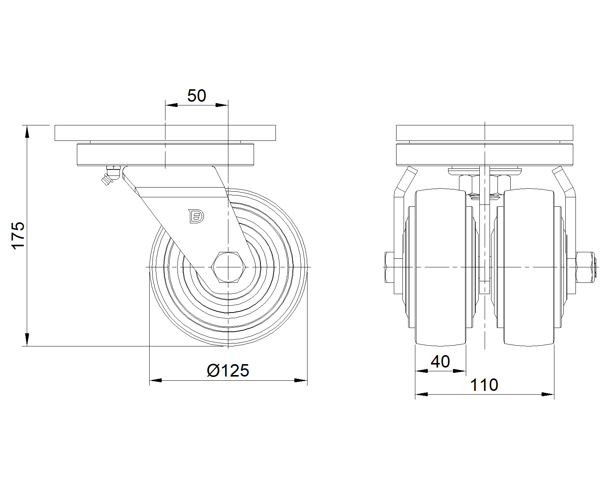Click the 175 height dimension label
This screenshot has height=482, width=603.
point(18,235)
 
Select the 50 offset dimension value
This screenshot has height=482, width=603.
point(197,96)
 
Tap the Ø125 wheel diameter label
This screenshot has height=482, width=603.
point(228,371)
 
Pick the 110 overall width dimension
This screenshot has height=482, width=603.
point(484,385)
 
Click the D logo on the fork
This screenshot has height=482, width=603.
point(196,216)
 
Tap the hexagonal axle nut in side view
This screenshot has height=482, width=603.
point(228,267)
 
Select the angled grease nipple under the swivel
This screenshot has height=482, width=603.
point(110,175)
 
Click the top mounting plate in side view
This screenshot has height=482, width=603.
point(165,133)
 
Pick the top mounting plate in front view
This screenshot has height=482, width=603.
point(485,133)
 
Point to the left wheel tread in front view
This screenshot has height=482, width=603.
point(440,267)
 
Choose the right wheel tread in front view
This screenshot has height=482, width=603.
point(529,267)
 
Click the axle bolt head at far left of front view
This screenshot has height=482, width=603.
point(389,267)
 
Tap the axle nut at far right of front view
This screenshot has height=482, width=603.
point(585,267)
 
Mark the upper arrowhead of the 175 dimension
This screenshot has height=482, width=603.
point(27,132)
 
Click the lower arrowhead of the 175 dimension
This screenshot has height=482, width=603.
point(27,339)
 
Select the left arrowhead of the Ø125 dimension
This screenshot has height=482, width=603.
point(156,380)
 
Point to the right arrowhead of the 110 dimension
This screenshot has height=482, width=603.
point(548,394)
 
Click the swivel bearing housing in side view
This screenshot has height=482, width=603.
point(165,155)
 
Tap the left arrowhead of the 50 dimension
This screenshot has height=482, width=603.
point(171,105)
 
